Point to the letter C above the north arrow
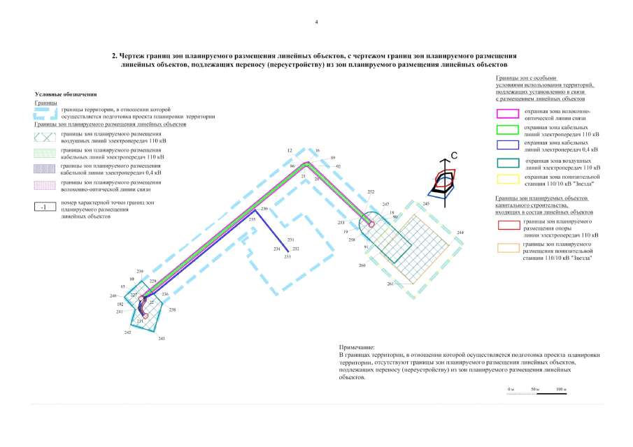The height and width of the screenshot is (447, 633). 453,155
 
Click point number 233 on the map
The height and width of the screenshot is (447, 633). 287,257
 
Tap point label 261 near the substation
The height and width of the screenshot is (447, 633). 390,284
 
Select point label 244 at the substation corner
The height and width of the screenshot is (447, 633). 460,232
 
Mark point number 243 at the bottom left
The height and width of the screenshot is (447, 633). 162,338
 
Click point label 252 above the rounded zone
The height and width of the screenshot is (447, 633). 371,191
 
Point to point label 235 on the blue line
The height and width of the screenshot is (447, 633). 252,219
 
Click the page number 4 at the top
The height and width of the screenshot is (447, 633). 316,22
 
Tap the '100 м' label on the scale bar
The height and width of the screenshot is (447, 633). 560,388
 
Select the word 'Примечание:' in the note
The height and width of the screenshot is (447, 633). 357,347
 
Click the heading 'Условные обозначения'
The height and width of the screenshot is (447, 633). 66,94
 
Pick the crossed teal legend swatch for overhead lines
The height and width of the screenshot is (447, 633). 44,137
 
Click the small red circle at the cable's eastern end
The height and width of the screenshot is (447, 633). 371,224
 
